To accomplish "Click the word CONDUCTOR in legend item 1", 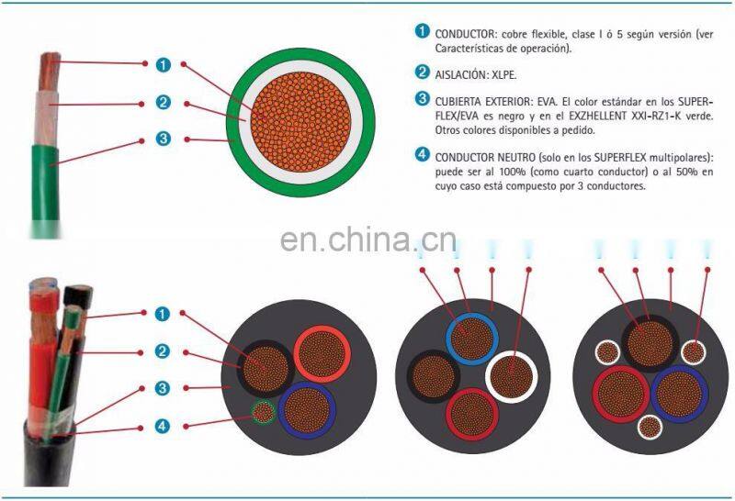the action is click(x=465, y=33).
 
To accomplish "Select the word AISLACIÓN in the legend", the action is click(x=460, y=72).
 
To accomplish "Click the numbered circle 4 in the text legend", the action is click(x=422, y=154).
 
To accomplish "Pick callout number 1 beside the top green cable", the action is click(x=163, y=64).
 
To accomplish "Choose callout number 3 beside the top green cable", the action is click(x=163, y=139).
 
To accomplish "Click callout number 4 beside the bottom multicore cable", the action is click(x=163, y=425).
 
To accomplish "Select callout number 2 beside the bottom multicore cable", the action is click(x=163, y=351).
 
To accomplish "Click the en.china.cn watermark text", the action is click(x=367, y=241).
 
